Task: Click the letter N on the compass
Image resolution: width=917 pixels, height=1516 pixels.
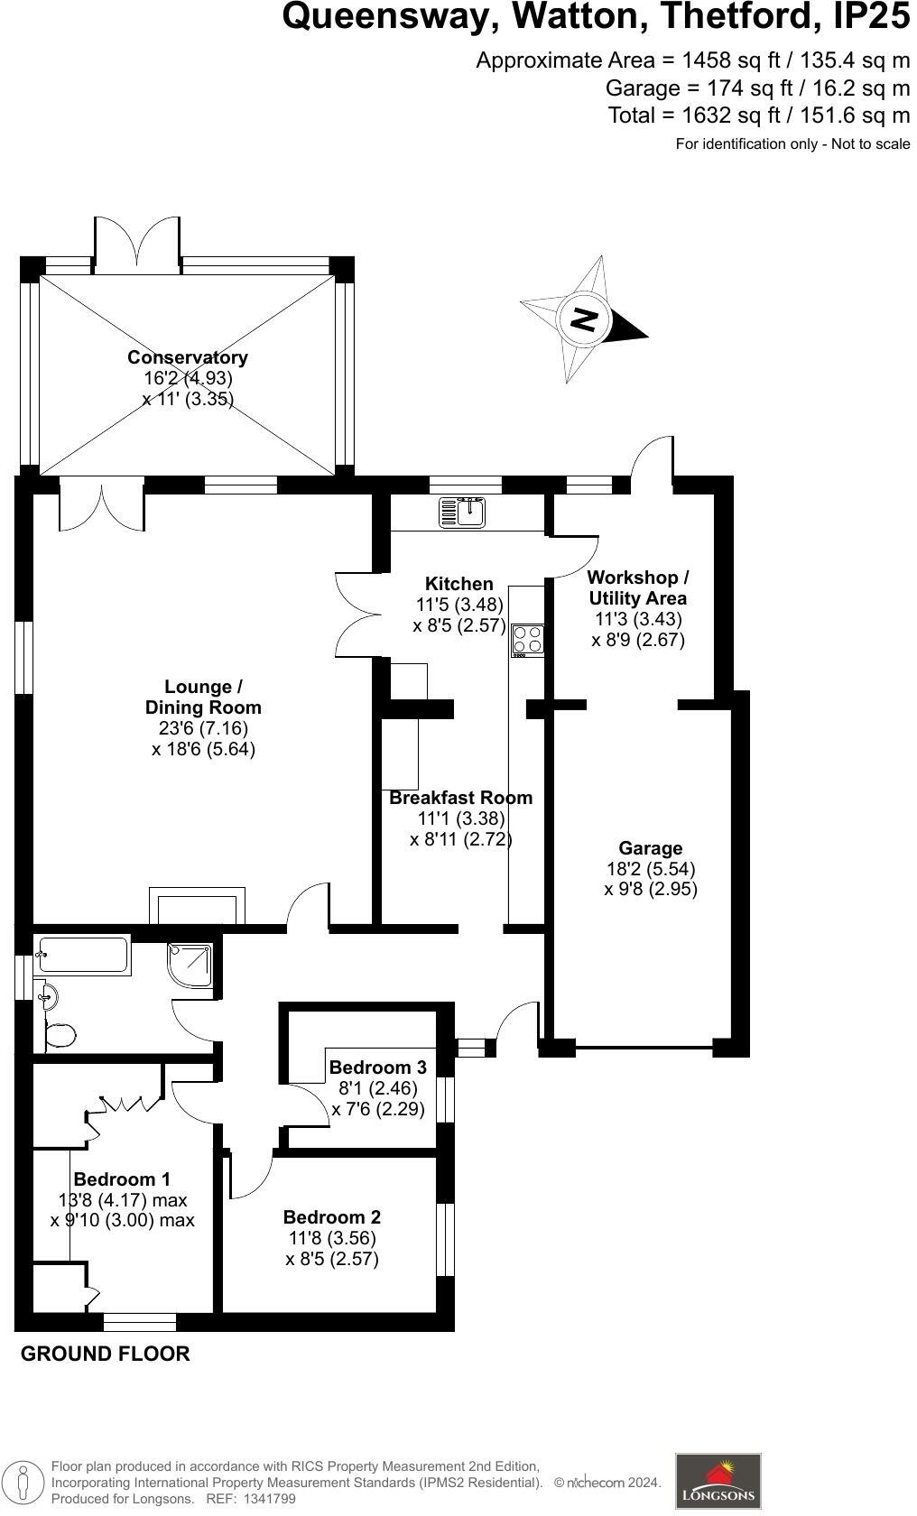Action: [x=584, y=319]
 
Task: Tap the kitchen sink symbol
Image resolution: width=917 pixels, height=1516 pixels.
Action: [x=462, y=513]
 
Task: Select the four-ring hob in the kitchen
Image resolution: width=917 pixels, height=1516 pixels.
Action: [x=528, y=639]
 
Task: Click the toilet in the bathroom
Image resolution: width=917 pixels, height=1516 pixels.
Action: [x=59, y=1034]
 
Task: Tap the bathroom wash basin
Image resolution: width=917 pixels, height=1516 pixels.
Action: [x=48, y=997]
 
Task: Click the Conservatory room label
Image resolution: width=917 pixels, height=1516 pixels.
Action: [x=188, y=357]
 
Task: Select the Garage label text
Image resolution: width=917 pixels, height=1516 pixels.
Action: [x=650, y=848]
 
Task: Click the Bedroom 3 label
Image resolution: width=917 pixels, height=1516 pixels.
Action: [x=377, y=1067]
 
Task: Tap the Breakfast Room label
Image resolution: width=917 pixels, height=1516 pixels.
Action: [x=460, y=798]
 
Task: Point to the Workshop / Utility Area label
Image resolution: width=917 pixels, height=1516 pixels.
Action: [x=637, y=587]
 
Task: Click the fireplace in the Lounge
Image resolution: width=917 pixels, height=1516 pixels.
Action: [x=197, y=906]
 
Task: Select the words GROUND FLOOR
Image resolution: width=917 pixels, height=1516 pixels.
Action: [x=105, y=1354]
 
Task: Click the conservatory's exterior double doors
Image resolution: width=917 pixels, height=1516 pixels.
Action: [x=137, y=244]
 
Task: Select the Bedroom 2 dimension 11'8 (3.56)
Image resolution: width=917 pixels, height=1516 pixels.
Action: [x=332, y=1238]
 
